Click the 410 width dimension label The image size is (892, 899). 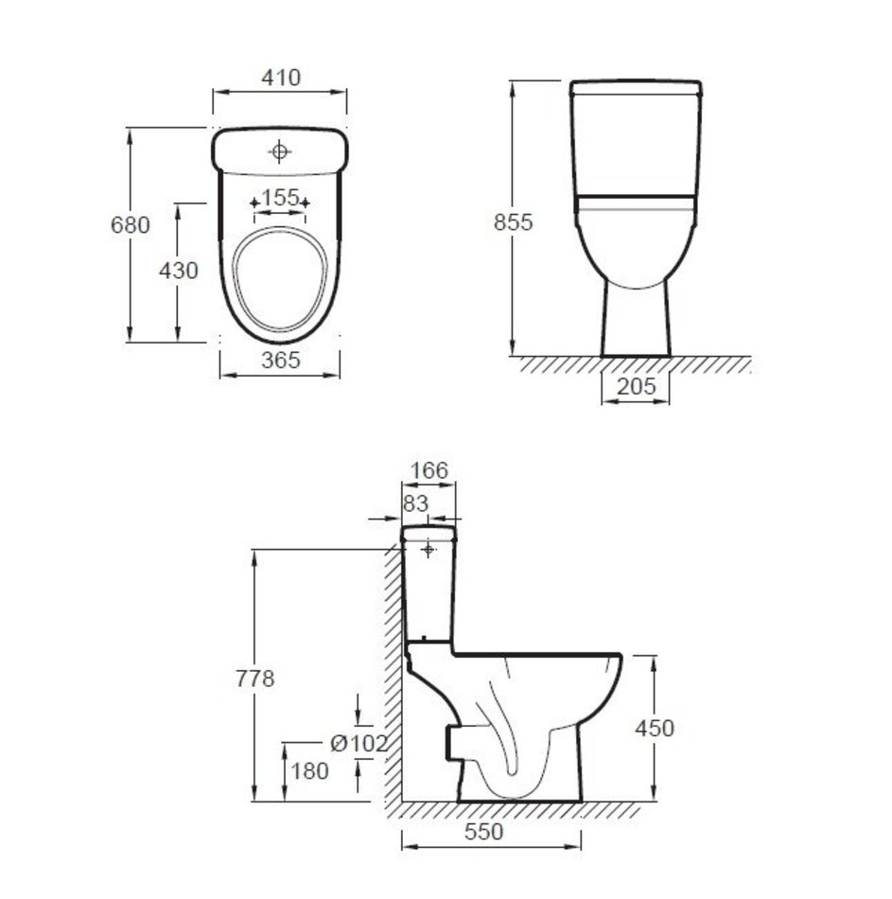tap(280, 77)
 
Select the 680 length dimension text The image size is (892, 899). tap(131, 224)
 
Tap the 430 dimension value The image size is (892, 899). tap(178, 270)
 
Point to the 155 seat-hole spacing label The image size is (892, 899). tap(280, 198)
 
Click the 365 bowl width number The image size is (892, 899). tap(280, 360)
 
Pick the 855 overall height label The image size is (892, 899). tap(513, 221)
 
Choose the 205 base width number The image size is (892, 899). tap(636, 386)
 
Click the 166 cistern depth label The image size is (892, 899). tap(429, 470)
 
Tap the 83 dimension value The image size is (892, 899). tap(415, 503)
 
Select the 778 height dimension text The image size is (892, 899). tap(254, 679)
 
